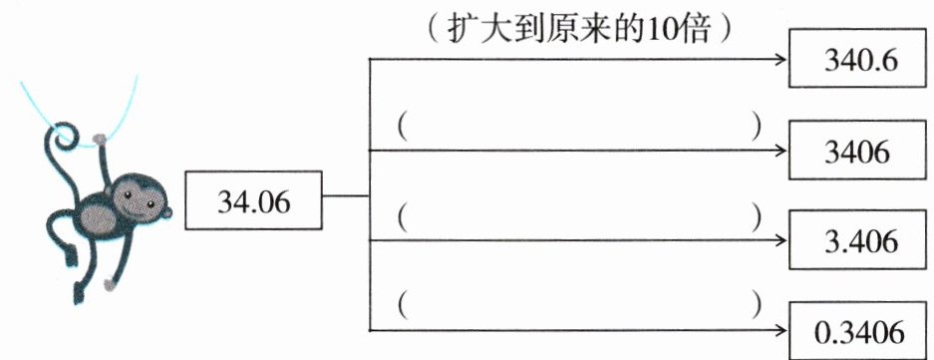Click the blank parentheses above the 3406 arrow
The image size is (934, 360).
click(578, 129)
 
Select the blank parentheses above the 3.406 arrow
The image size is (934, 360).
click(578, 219)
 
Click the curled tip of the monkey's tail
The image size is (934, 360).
click(64, 136)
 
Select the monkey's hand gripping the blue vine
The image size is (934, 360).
click(99, 141)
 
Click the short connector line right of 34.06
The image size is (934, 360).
click(346, 195)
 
